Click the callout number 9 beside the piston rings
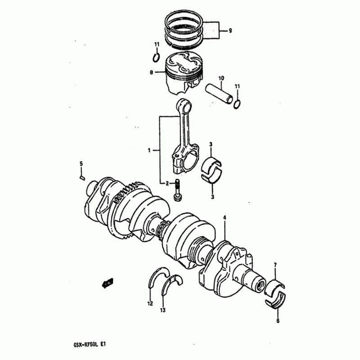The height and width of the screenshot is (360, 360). tap(230, 31)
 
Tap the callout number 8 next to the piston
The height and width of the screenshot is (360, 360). tap(151, 72)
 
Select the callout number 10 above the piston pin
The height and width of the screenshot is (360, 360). tap(221, 78)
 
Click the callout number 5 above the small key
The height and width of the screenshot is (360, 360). tap(81, 164)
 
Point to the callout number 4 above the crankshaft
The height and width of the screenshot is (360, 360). tap(225, 217)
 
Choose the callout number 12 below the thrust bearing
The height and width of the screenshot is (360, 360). tap(150, 303)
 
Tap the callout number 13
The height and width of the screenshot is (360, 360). tap(163, 310)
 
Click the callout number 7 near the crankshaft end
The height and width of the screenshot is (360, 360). tap(275, 265)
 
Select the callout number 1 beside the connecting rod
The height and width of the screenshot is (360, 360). tap(149, 151)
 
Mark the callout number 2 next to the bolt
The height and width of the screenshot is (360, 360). tap(167, 183)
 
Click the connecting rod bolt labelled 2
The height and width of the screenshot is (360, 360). tap(177, 190)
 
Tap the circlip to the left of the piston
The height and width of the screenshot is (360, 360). tap(156, 58)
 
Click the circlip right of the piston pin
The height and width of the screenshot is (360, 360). tap(237, 104)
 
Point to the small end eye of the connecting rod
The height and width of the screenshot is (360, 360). tap(184, 106)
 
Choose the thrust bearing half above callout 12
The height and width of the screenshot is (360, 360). tap(158, 277)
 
